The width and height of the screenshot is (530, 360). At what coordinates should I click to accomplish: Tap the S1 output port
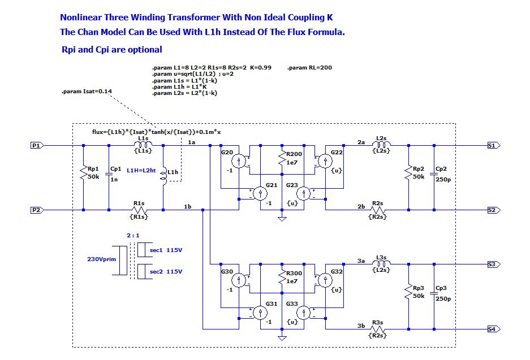492,145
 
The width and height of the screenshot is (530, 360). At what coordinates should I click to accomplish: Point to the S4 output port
492,329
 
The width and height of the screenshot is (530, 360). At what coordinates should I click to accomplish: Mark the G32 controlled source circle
324,280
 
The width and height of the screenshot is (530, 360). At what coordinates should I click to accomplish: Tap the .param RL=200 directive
309,68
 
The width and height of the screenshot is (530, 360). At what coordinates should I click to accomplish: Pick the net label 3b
361,325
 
